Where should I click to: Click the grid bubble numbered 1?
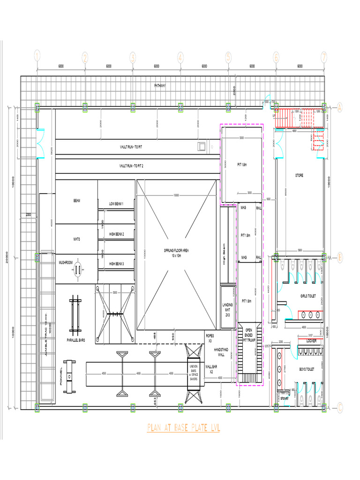(37, 57)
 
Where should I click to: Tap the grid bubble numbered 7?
(323, 57)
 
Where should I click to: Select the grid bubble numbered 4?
(180, 57)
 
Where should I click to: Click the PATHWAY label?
(160, 85)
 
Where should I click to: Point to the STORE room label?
(299, 175)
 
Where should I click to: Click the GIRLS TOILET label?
(309, 296)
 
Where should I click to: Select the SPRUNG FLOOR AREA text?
(176, 253)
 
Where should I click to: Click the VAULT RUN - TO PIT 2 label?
(131, 166)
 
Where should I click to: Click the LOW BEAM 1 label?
(116, 204)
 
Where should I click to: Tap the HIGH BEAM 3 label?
(116, 264)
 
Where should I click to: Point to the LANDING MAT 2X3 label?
(227, 309)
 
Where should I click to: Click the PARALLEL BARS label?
(75, 340)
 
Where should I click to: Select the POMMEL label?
(61, 376)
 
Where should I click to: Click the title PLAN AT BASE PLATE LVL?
(183, 427)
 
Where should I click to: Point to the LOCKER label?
(311, 341)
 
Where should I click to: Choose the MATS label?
(76, 239)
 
